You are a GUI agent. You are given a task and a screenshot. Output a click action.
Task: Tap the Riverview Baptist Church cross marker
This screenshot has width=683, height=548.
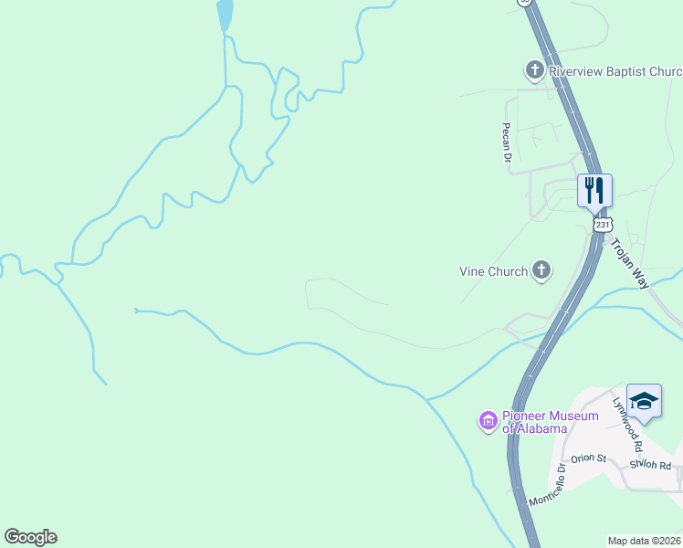coord(534,70)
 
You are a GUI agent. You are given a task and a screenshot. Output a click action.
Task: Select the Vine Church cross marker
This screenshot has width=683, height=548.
coord(541,270)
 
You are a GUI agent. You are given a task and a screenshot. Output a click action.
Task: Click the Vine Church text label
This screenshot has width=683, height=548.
coord(493,271)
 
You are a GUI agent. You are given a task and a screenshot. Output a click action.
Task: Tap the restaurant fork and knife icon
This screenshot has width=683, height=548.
coord(594,190)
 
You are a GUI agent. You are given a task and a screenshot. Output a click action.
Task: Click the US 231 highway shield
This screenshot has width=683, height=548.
coord(601,224)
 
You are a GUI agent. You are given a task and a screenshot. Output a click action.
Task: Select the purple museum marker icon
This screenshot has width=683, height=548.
coord(488,421)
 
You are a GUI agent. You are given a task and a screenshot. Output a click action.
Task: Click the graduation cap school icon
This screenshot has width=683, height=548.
coord(644,401)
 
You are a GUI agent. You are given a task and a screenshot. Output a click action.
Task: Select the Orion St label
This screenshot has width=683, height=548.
coord(588,458)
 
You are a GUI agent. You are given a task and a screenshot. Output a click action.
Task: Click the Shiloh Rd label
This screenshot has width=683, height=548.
coord(650,465)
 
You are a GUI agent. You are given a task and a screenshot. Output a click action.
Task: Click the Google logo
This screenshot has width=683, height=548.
coord(30,537)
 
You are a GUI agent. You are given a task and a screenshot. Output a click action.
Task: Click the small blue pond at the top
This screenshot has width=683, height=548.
coord(224,15)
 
